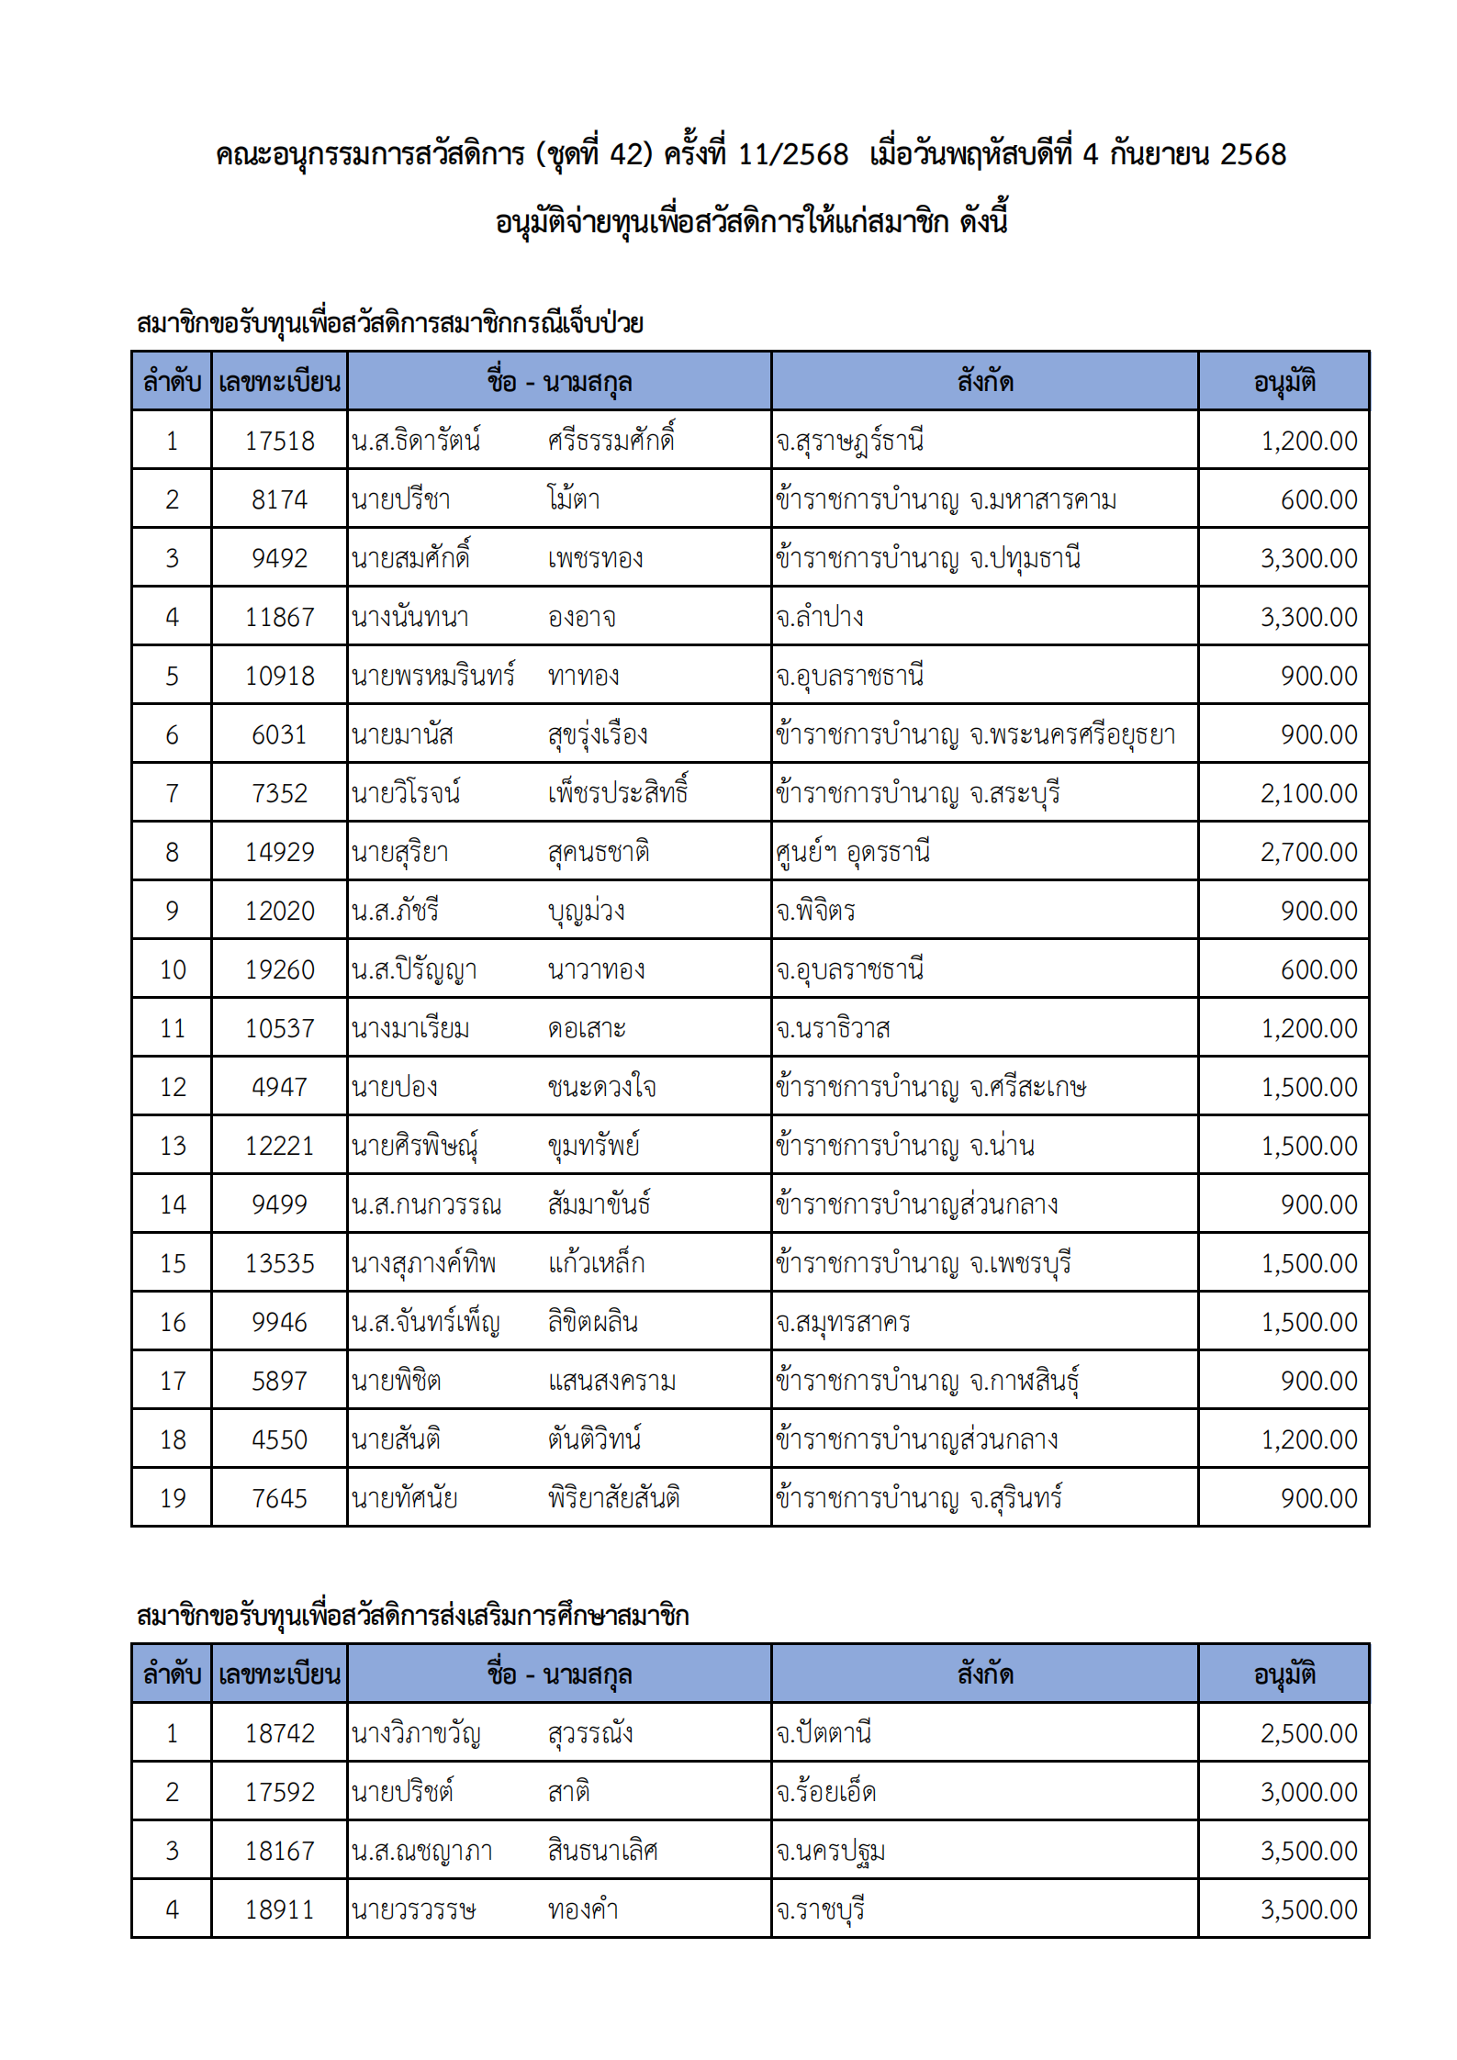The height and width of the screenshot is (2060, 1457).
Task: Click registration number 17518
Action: pos(279,441)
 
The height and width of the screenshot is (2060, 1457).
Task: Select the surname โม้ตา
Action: pos(574,499)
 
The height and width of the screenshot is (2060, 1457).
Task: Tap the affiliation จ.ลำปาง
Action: pos(819,617)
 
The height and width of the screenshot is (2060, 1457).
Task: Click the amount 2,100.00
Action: pos(1308,793)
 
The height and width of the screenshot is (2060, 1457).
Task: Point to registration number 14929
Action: pos(279,852)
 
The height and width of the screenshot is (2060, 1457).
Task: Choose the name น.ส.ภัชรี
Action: pos(395,911)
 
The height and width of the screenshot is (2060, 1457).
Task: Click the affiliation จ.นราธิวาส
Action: pos(833,1028)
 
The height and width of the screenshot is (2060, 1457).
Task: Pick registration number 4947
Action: pos(279,1087)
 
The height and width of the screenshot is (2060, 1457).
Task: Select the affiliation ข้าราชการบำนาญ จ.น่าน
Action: pos(904,1146)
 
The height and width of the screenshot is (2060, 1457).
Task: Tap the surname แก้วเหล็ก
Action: pos(596,1263)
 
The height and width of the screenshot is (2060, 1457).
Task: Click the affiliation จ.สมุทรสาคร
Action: pos(843,1322)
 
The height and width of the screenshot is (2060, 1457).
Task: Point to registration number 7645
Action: pos(279,1498)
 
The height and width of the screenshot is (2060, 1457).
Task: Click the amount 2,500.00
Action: pos(1308,1733)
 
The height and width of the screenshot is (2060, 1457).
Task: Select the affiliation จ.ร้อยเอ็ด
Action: pos(825,1792)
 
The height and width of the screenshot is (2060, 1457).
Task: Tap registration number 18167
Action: pos(279,1851)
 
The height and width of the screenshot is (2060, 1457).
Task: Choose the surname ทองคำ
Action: pos(583,1909)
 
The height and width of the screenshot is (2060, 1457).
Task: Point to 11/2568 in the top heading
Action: pos(793,154)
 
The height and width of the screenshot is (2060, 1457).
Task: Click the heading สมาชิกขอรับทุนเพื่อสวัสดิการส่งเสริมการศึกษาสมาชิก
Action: pos(412,1616)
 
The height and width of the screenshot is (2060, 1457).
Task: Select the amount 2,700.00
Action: pos(1308,852)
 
